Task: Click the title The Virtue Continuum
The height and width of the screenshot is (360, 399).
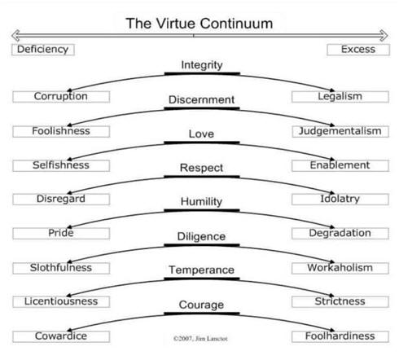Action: (199, 24)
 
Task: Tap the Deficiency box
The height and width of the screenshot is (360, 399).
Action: (43, 50)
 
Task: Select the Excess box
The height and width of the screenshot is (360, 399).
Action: (358, 50)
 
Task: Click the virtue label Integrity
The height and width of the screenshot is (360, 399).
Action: (202, 65)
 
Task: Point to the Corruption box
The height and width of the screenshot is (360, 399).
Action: (61, 97)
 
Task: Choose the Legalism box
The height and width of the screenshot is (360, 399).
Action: (340, 97)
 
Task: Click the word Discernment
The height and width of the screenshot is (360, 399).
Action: (201, 99)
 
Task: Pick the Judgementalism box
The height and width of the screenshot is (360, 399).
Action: (340, 131)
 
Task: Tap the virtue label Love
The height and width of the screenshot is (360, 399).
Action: (201, 134)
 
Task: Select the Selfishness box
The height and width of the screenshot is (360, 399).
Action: (61, 165)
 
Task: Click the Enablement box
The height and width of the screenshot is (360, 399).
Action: (340, 165)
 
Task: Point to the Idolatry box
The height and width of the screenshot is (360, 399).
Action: (340, 200)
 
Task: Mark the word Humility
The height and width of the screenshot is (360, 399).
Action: (201, 202)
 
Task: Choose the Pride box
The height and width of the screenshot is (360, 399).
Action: (61, 234)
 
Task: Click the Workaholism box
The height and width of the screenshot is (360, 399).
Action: (340, 268)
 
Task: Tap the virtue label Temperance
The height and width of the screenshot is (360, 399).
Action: (201, 270)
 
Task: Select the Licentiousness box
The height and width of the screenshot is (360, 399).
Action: (61, 301)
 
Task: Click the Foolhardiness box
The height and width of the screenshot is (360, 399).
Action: (340, 336)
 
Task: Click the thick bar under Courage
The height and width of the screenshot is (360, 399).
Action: (202, 314)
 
